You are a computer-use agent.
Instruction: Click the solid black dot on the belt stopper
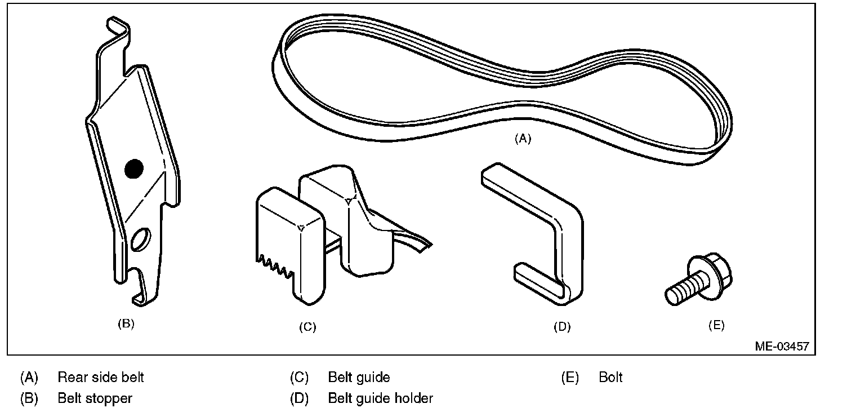134,168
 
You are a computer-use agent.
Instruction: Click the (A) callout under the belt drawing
523,139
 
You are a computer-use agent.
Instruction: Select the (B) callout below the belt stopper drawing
126,323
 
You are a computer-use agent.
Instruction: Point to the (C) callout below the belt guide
307,327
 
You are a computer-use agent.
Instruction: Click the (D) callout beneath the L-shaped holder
562,327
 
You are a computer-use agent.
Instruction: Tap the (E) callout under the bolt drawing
716,325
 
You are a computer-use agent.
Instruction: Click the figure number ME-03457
782,346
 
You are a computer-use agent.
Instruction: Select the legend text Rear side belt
101,377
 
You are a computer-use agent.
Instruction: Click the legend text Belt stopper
95,398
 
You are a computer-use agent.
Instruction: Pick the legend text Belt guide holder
380,398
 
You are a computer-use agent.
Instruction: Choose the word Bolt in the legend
611,377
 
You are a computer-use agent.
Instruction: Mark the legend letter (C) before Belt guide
299,377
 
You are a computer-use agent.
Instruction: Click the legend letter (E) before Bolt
570,377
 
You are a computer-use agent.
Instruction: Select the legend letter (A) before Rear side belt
29,377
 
